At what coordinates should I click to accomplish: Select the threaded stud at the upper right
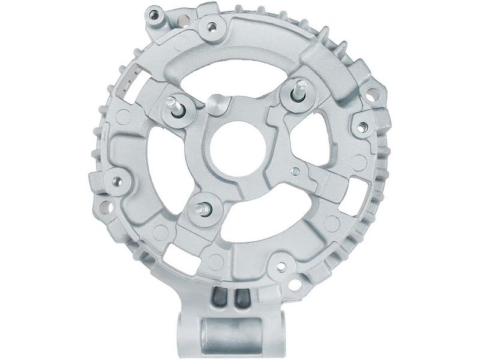298,88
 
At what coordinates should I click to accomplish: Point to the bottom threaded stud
200,208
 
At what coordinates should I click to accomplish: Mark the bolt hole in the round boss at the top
211,26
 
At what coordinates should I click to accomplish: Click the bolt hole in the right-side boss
362,127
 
